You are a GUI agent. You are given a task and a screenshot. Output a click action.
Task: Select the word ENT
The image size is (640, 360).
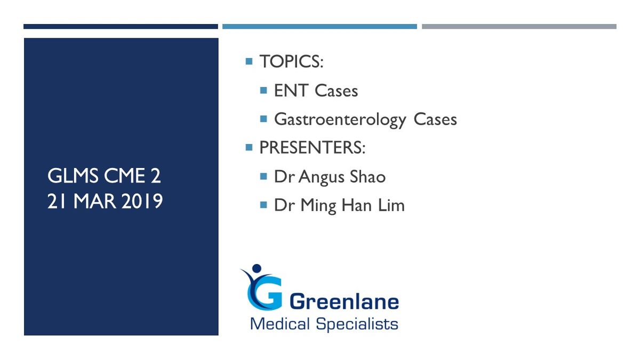coord(291,91)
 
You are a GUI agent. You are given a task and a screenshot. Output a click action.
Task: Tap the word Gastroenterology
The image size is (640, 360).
coord(340,120)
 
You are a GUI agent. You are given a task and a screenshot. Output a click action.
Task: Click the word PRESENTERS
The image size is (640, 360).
coord(310,148)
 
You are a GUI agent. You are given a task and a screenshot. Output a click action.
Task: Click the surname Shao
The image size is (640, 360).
coord(367,177)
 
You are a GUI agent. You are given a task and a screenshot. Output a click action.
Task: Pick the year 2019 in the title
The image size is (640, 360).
coord(142,201)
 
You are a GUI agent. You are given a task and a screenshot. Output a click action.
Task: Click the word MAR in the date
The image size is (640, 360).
coord(94,201)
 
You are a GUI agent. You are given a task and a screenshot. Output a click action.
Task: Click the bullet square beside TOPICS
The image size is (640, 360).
coord(249,61)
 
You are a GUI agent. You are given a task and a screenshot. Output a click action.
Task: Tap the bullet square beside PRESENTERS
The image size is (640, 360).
coord(249,147)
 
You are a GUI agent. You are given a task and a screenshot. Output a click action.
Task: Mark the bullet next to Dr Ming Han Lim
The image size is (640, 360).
coord(263,205)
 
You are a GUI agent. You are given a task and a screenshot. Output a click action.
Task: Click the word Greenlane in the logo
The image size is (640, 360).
coord(344,302)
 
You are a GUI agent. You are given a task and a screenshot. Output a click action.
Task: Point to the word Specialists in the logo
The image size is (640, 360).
coord(357,324)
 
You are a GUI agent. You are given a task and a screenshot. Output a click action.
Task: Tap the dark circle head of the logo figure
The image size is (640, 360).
coord(257,268)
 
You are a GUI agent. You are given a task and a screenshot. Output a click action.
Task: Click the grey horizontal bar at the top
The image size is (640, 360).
coord(519,27)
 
